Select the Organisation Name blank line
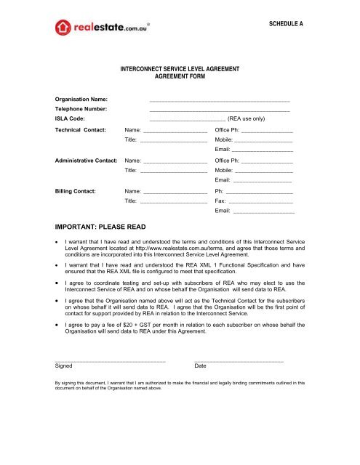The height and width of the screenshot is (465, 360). (x=219, y=97)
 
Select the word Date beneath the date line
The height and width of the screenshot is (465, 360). (x=201, y=365)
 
